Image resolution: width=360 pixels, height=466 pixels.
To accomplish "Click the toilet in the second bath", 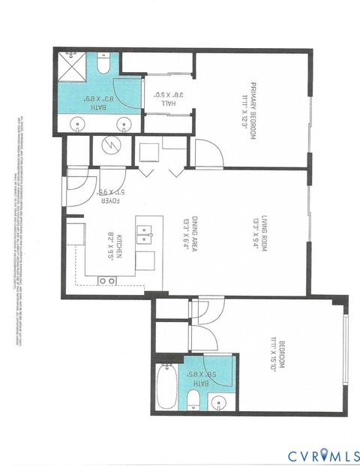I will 193,398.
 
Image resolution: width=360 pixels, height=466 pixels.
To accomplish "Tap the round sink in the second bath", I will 219,399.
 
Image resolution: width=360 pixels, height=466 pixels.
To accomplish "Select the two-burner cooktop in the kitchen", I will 108,280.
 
